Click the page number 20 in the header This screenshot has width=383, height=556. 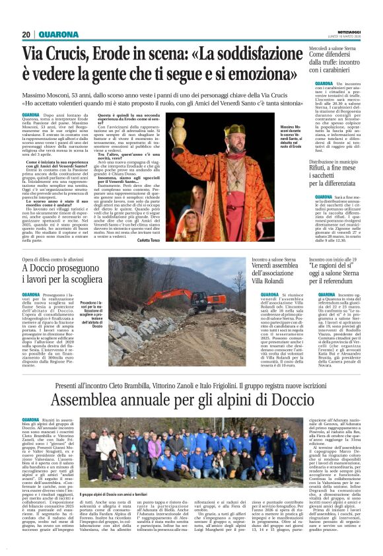[x=26, y=35]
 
